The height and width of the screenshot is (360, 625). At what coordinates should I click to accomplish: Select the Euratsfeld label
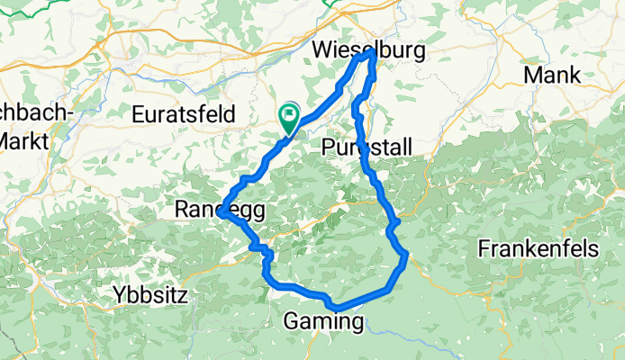184,114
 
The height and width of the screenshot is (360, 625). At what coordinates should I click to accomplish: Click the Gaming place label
324,320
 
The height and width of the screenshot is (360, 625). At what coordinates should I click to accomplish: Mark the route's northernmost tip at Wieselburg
369,55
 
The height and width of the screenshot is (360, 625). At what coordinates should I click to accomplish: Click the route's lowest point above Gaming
335,308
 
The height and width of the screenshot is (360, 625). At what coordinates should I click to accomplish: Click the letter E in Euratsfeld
138,114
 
